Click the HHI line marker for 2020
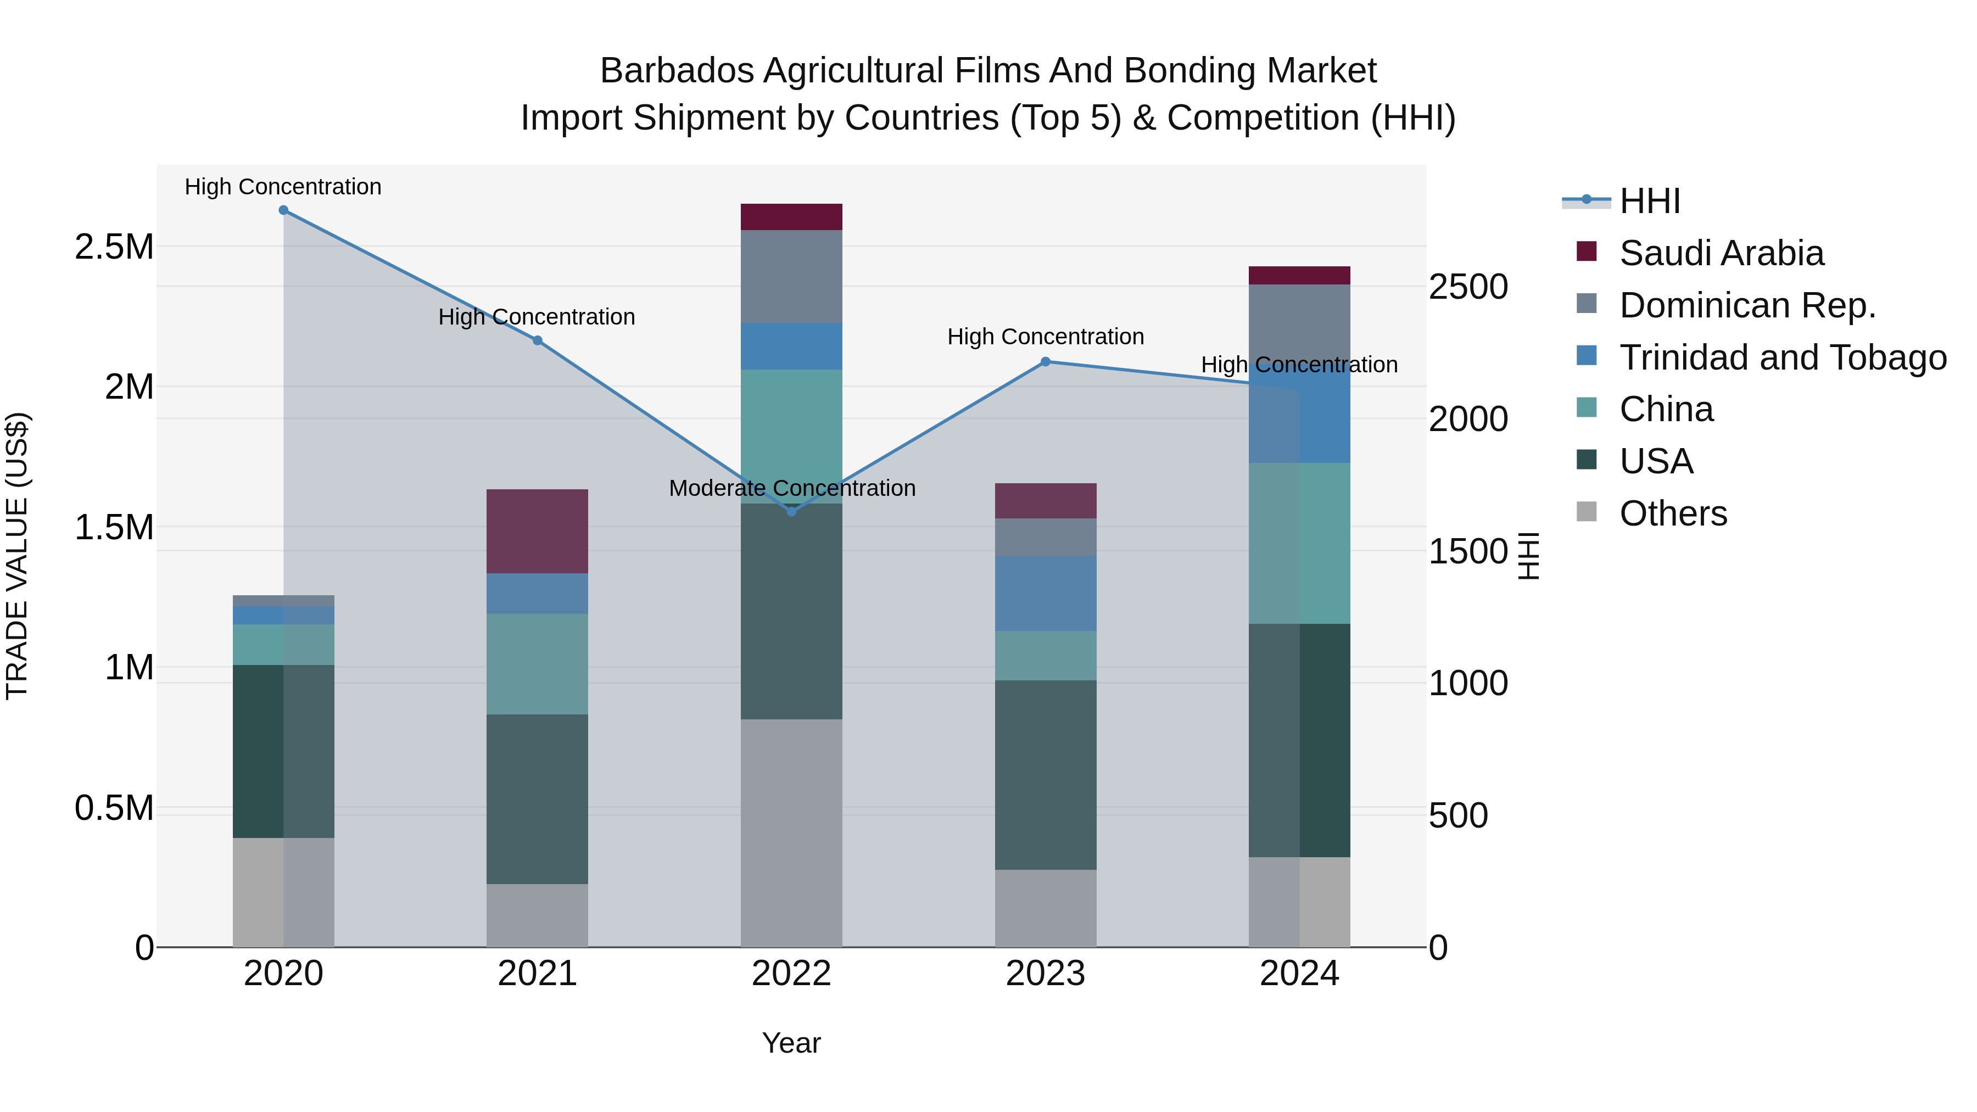click(283, 210)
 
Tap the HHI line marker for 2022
click(791, 511)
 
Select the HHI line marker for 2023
click(1045, 361)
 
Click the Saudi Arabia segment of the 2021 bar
click(537, 531)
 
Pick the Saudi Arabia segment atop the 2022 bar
click(791, 217)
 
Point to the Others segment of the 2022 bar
click(791, 832)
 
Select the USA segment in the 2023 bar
click(1045, 774)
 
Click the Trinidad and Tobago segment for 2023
click(1045, 593)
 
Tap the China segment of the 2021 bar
click(537, 664)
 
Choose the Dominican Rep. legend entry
click(1747, 305)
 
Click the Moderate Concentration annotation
click(792, 488)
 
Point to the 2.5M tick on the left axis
click(114, 247)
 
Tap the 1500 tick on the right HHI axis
click(1467, 551)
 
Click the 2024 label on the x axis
click(1299, 974)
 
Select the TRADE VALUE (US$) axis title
click(17, 556)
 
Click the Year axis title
click(791, 1043)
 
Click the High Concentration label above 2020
click(283, 187)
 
